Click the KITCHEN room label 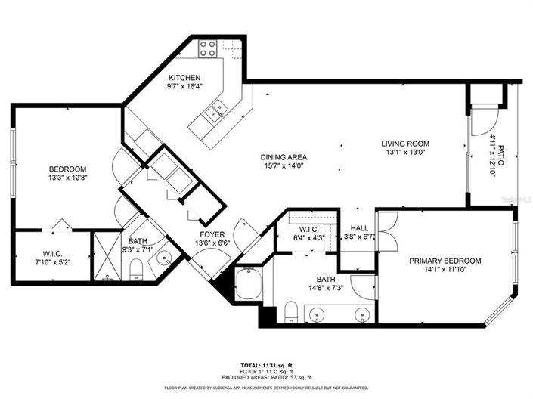184,78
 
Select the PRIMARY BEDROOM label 445,261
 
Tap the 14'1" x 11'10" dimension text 445,271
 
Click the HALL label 358,227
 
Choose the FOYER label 212,234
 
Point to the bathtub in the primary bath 248,284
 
